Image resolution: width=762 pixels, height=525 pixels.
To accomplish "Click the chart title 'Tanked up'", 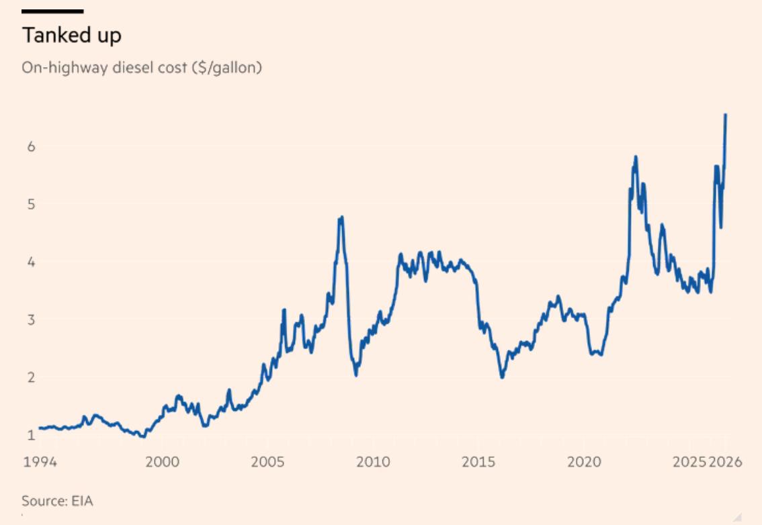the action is (x=71, y=36).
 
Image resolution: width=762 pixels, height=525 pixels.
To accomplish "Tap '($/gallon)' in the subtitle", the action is (x=227, y=68).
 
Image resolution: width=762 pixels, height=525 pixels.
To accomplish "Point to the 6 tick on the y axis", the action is (x=32, y=146).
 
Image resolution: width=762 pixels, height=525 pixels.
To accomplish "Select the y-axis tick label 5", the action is (x=32, y=204).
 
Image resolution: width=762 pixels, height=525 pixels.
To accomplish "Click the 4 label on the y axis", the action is (x=32, y=262).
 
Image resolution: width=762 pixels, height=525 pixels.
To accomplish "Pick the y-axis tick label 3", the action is (x=32, y=320).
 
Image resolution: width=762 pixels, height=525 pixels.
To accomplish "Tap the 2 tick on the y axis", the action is (x=32, y=377).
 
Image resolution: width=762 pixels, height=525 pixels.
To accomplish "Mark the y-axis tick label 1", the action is (x=32, y=434).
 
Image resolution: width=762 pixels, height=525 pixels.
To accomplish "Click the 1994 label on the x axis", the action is (x=40, y=461).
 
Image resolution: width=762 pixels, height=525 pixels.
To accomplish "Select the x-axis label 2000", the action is (x=163, y=461).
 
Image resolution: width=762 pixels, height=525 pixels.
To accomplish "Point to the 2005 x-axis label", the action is (x=267, y=461).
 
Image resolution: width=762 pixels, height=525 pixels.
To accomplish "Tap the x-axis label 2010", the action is (x=373, y=461).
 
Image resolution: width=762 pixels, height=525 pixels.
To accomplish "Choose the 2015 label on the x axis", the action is (x=478, y=461).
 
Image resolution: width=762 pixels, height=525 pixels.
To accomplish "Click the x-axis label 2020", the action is (x=584, y=461).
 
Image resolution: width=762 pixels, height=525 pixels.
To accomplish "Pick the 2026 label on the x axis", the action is (x=725, y=461).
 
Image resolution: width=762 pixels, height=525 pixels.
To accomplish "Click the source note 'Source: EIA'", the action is (x=57, y=501).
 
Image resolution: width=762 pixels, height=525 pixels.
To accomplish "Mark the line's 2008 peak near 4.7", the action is (x=342, y=218).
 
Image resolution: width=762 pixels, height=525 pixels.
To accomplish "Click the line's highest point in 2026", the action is (x=726, y=115).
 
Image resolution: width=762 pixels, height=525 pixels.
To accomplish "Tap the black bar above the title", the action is (x=52, y=11).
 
